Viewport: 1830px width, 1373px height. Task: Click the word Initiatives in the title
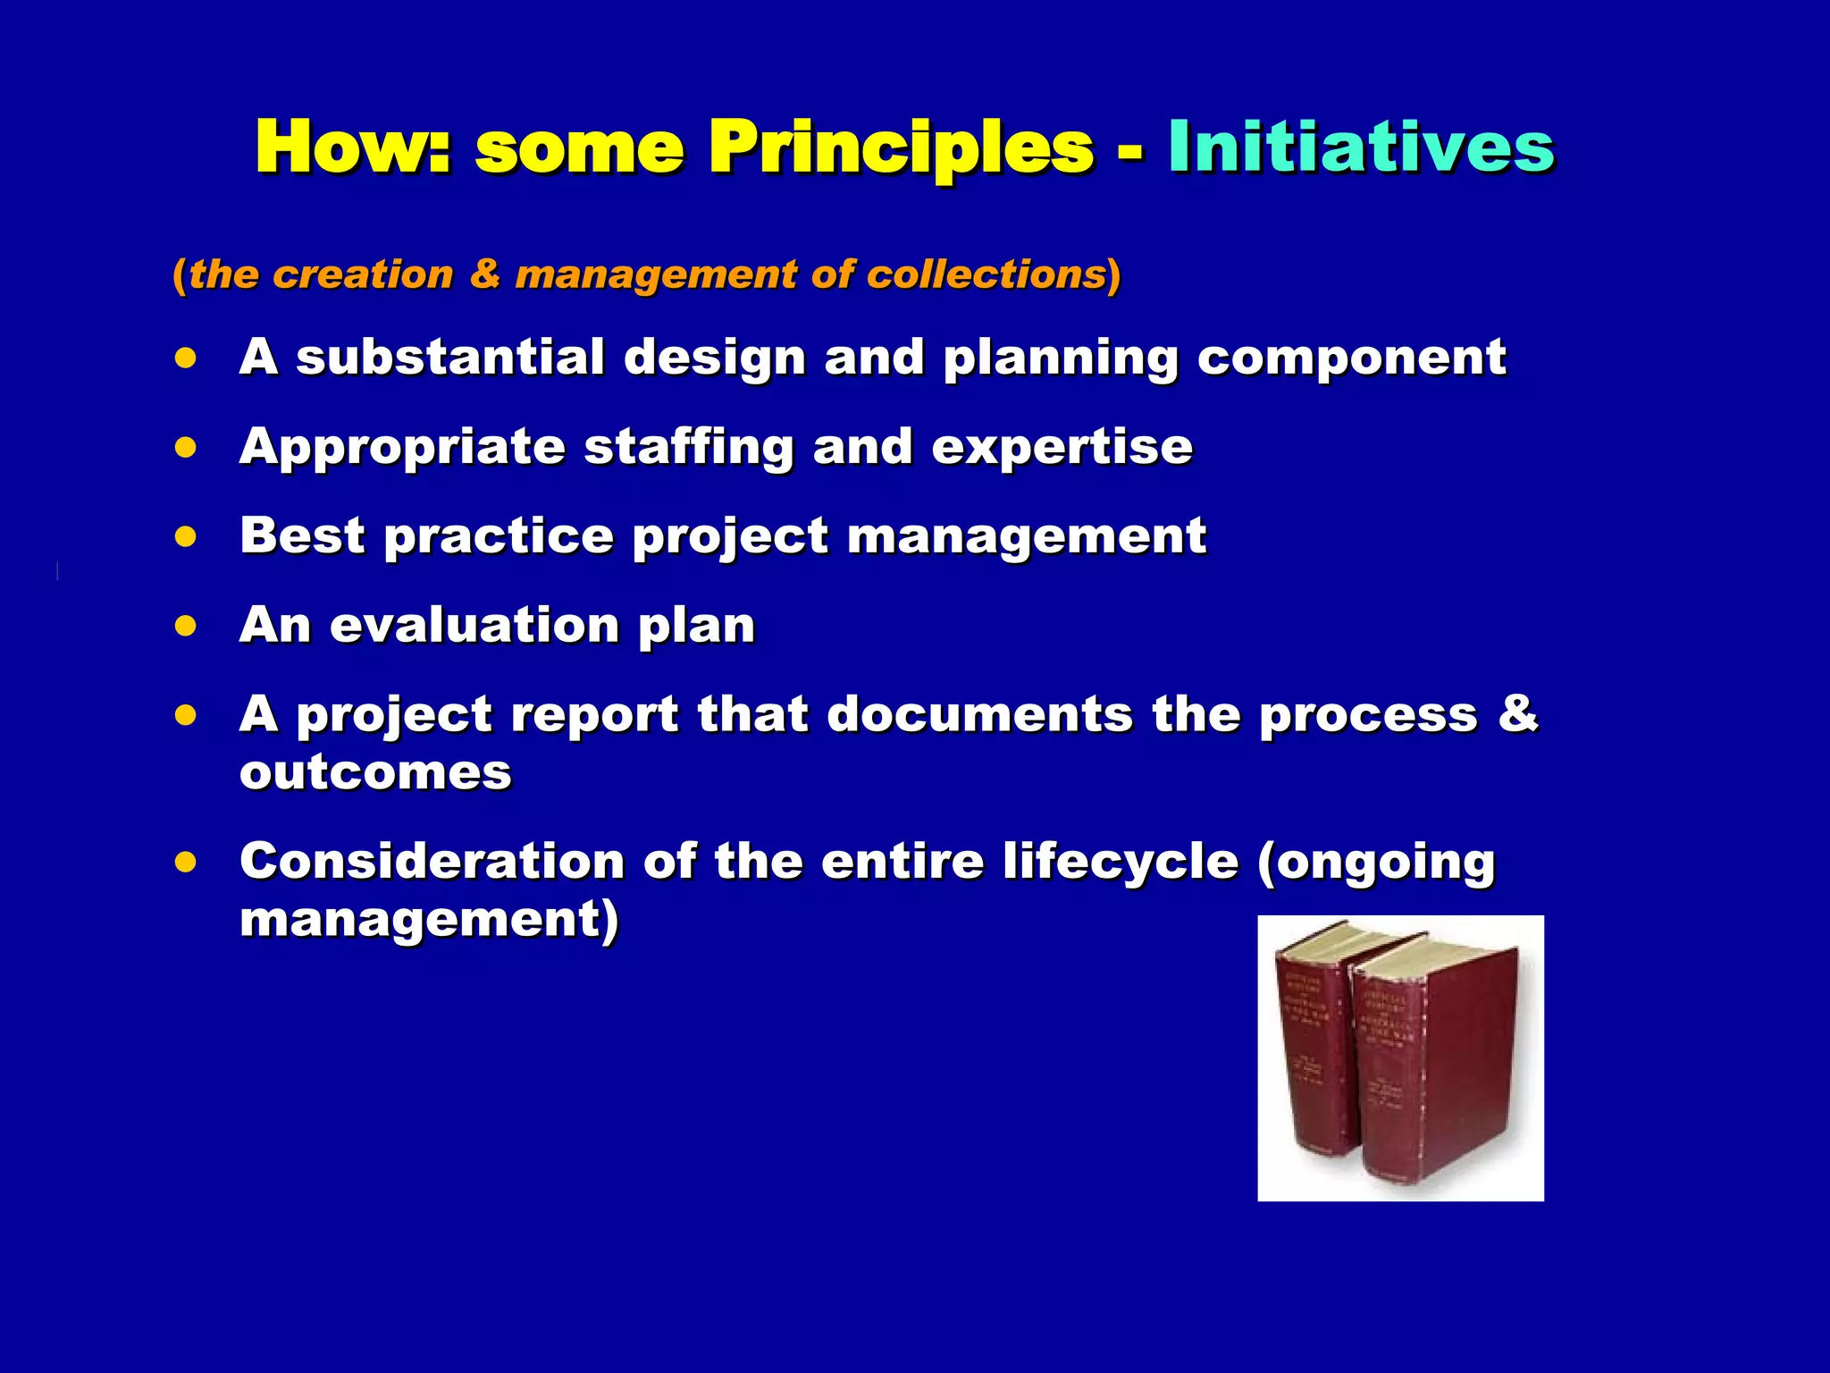[1360, 147]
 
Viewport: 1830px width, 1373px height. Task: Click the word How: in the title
[353, 147]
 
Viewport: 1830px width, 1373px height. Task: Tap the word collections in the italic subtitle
[986, 274]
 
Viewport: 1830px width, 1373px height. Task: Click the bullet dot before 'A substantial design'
[186, 359]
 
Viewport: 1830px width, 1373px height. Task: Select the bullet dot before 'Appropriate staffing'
[186, 448]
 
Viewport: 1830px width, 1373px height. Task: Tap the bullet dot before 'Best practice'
[186, 537]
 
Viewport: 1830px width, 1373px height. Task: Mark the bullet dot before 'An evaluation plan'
[186, 626]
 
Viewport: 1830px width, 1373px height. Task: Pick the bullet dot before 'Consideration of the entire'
[186, 863]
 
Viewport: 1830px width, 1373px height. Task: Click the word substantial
[450, 358]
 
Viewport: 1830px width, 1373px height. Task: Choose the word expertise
[1062, 447]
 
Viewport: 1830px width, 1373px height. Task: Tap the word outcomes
[375, 772]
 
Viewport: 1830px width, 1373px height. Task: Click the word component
[1351, 358]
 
